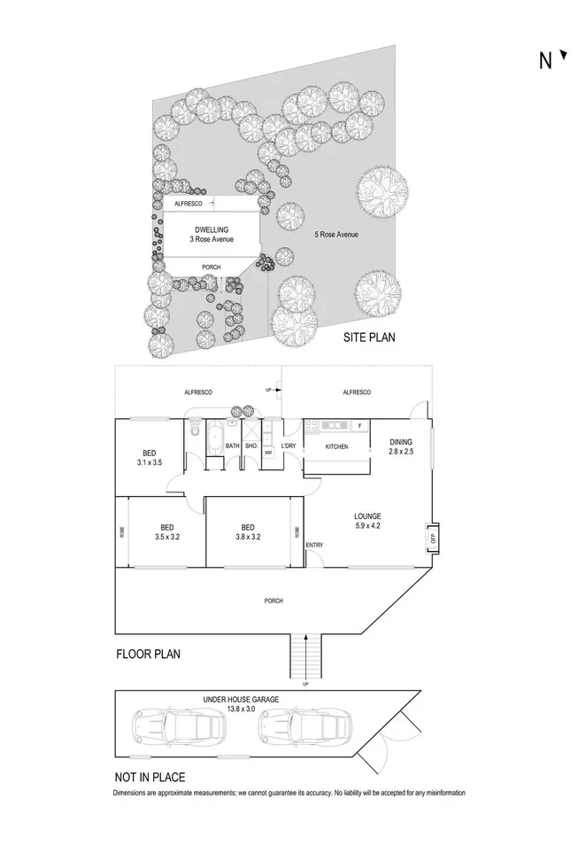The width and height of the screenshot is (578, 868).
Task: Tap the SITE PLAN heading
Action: [x=369, y=337]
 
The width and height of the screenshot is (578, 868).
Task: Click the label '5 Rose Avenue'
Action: [x=337, y=235]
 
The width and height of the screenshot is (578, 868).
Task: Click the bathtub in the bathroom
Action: [x=215, y=438]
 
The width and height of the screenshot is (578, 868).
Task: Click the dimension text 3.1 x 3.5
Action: [x=150, y=462]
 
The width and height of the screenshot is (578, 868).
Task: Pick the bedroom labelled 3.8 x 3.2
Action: [x=248, y=531]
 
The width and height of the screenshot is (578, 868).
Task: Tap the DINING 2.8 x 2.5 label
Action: [x=401, y=446]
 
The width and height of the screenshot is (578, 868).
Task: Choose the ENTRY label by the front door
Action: [x=314, y=545]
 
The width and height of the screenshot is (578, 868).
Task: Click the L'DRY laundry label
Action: [x=289, y=445]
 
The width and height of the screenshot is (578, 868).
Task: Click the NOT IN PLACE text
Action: [x=150, y=777]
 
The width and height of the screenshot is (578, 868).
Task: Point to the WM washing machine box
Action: [x=267, y=453]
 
